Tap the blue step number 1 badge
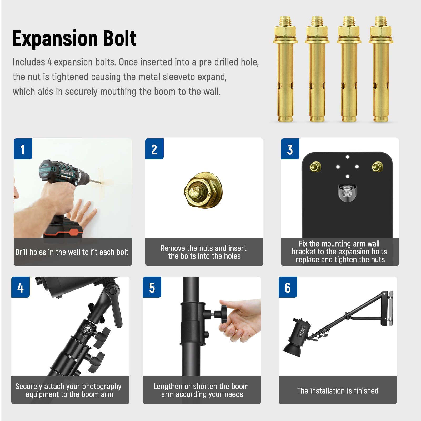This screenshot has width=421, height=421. coord(23,149)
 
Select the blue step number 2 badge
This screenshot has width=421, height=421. coord(154,149)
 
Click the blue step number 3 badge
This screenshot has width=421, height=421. coord(290,149)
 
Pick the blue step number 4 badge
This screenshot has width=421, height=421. coord(21,287)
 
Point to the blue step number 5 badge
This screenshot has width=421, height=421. coord(152,287)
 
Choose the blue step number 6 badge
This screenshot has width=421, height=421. coord(288,287)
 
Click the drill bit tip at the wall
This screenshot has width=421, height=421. coord(100,182)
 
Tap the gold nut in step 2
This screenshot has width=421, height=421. coord(203,190)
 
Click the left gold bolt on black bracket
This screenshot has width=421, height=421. coord(315,167)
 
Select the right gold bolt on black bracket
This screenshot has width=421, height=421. coord(377,167)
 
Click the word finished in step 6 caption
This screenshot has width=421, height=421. coord(366,391)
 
